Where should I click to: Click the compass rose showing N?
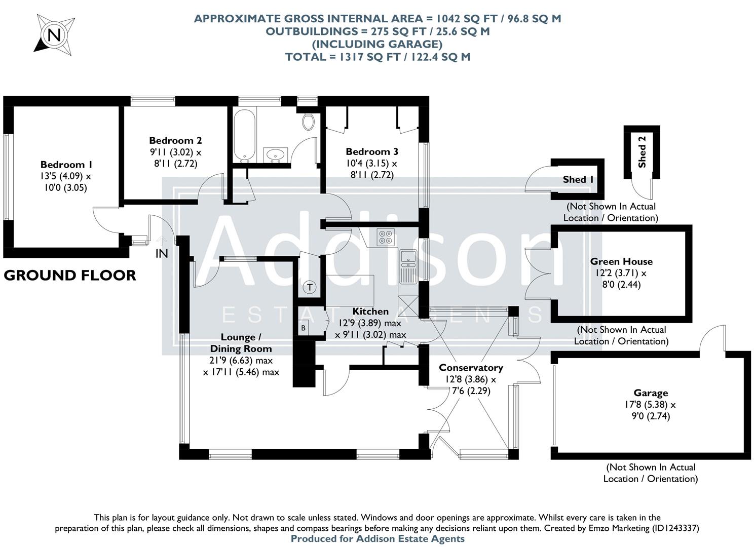point(54,34)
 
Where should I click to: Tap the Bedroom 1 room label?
point(66,165)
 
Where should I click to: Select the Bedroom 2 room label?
point(175,140)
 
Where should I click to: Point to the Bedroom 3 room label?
point(371,151)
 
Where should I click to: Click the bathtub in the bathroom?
point(244,135)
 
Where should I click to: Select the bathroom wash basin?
point(275,154)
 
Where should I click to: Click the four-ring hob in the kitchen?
point(385,237)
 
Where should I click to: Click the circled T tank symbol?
point(310,288)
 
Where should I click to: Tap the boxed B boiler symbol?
point(304,328)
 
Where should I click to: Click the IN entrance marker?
point(162,253)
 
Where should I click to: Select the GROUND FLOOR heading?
point(70,276)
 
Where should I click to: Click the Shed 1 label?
point(578,179)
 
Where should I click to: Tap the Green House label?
point(621,261)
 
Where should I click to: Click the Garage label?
point(651,393)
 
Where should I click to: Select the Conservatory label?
point(471,368)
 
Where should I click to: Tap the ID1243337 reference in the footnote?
point(673,528)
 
